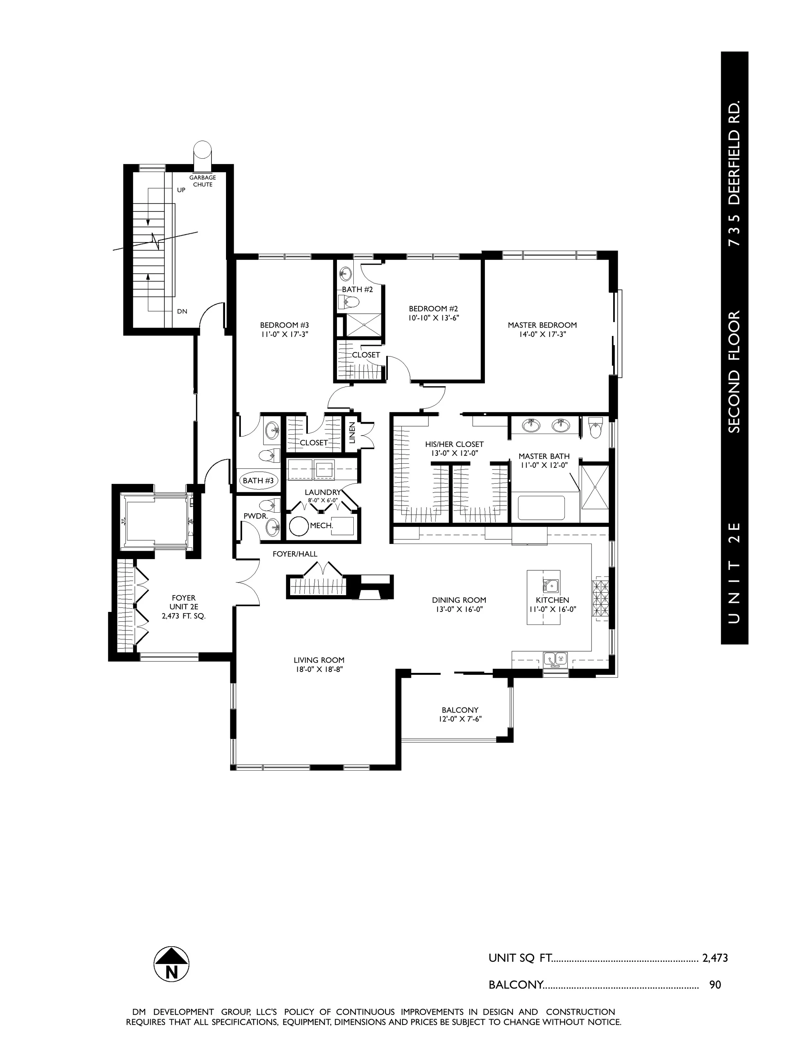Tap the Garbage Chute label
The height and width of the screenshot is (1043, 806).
click(x=202, y=181)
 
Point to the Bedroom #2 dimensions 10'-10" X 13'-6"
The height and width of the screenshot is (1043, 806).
click(x=434, y=318)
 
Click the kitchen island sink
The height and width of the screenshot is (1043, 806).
click(x=551, y=585)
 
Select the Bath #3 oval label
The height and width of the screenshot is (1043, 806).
click(x=258, y=480)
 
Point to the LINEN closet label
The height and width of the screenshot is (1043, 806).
click(x=352, y=433)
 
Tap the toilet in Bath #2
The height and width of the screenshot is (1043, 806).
click(x=349, y=302)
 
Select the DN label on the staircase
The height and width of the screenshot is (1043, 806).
click(x=182, y=311)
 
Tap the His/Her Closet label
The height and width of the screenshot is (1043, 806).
click(x=454, y=445)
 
